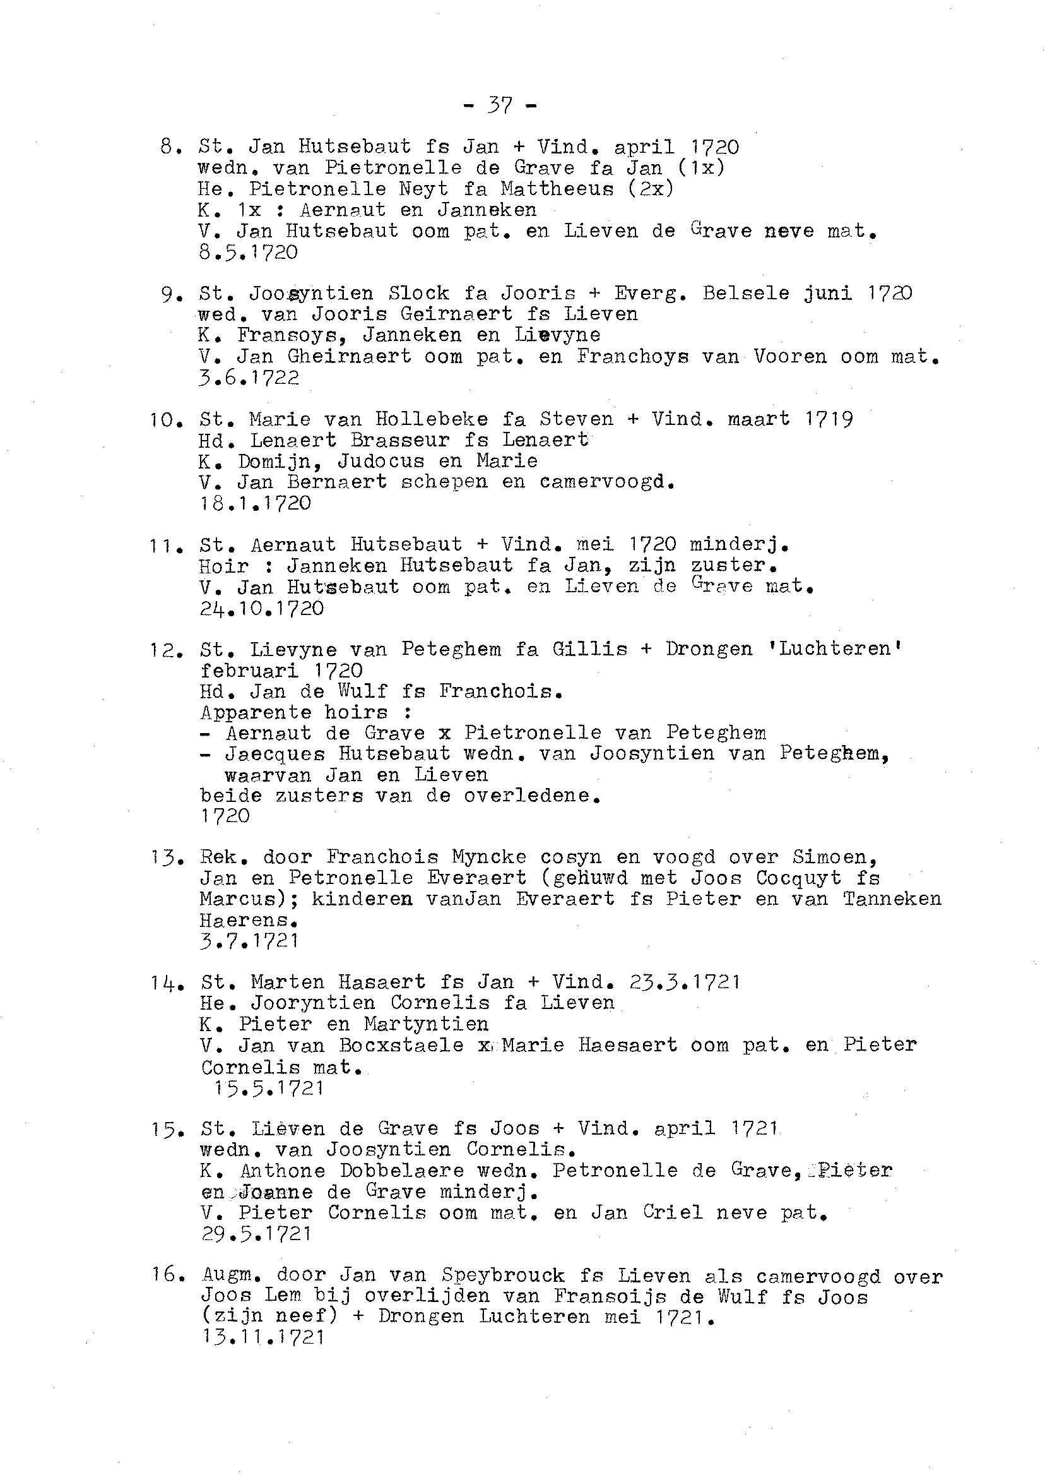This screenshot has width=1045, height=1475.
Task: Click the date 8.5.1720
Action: (249, 252)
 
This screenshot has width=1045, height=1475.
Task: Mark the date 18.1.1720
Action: (255, 503)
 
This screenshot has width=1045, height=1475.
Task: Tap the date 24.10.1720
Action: (261, 609)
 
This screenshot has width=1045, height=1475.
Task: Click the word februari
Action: (249, 671)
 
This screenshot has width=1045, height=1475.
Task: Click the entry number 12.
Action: (160, 650)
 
